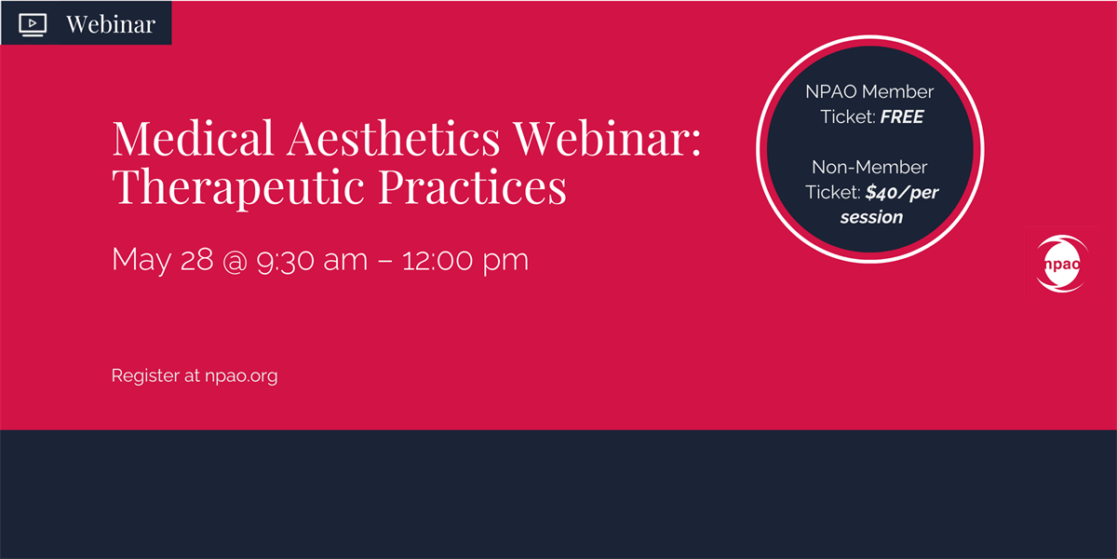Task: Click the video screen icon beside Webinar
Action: click(33, 24)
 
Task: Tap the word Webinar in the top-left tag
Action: click(111, 24)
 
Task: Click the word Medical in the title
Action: click(193, 138)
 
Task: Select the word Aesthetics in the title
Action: click(393, 138)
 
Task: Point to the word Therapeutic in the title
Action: click(238, 187)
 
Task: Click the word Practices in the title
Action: click(472, 186)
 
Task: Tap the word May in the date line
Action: click(141, 260)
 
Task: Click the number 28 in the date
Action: click(196, 260)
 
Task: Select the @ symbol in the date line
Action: click(235, 261)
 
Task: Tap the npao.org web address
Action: click(241, 376)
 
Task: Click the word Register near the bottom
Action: click(145, 375)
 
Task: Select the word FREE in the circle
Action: click(902, 116)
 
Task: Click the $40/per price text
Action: click(902, 192)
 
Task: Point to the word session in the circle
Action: click(871, 217)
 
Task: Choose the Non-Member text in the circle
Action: click(869, 167)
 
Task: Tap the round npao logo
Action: click(1062, 264)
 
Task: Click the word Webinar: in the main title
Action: click(607, 138)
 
